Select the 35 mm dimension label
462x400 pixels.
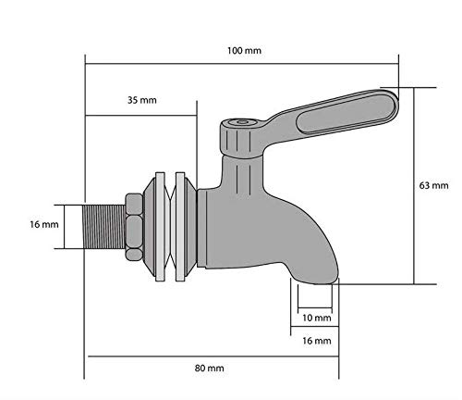click(x=141, y=99)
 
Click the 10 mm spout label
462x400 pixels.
click(x=316, y=318)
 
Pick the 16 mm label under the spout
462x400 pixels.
click(x=316, y=341)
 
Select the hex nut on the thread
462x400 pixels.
click(x=132, y=224)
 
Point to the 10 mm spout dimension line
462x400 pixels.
click(x=316, y=307)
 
